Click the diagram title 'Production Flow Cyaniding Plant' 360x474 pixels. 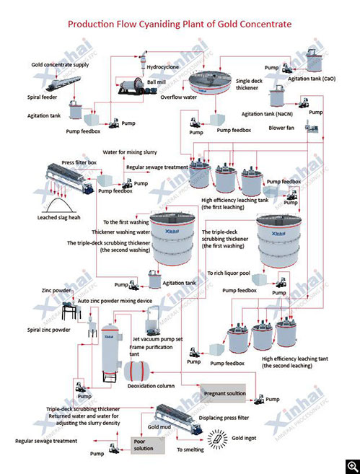click(x=180, y=24)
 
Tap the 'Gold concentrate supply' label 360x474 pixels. click(x=61, y=65)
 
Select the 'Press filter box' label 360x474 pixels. click(x=79, y=164)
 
